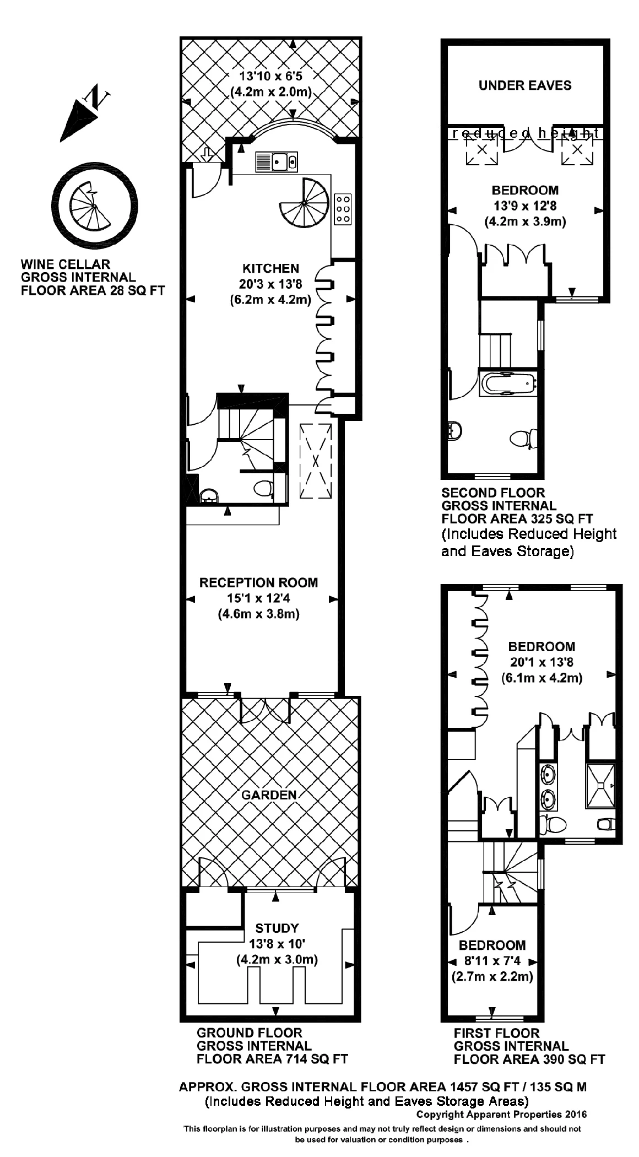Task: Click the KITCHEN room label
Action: point(270,269)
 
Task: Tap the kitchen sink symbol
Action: point(277,162)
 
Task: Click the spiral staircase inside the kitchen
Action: point(304,204)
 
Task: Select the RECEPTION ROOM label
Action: point(258,583)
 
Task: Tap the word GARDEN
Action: point(269,794)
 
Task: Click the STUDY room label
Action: point(277,928)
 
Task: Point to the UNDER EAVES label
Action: point(525,85)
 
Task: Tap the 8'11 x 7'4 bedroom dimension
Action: point(492,961)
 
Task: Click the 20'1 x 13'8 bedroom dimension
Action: point(541,662)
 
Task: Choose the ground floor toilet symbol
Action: point(264,488)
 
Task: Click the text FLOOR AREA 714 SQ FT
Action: point(272,1059)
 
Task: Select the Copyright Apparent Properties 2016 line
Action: point(501,1114)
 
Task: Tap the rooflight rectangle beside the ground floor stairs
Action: point(316,461)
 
